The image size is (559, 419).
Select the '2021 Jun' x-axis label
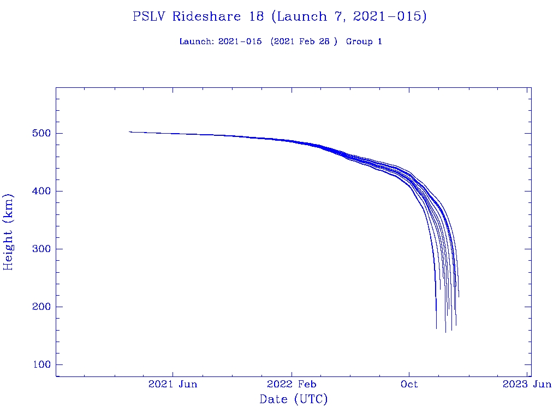point(173,384)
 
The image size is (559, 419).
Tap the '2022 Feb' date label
point(292,384)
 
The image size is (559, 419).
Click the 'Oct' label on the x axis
point(409,384)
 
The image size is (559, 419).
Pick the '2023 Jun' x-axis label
point(527,384)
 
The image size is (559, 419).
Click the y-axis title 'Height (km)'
point(9,232)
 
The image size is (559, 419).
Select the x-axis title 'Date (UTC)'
point(294,400)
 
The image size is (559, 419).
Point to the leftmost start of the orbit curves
point(129,131)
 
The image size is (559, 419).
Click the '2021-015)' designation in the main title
point(390,17)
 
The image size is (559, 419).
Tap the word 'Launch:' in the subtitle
point(197,41)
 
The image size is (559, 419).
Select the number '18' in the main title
point(256,17)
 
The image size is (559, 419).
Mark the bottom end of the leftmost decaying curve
point(436,328)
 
